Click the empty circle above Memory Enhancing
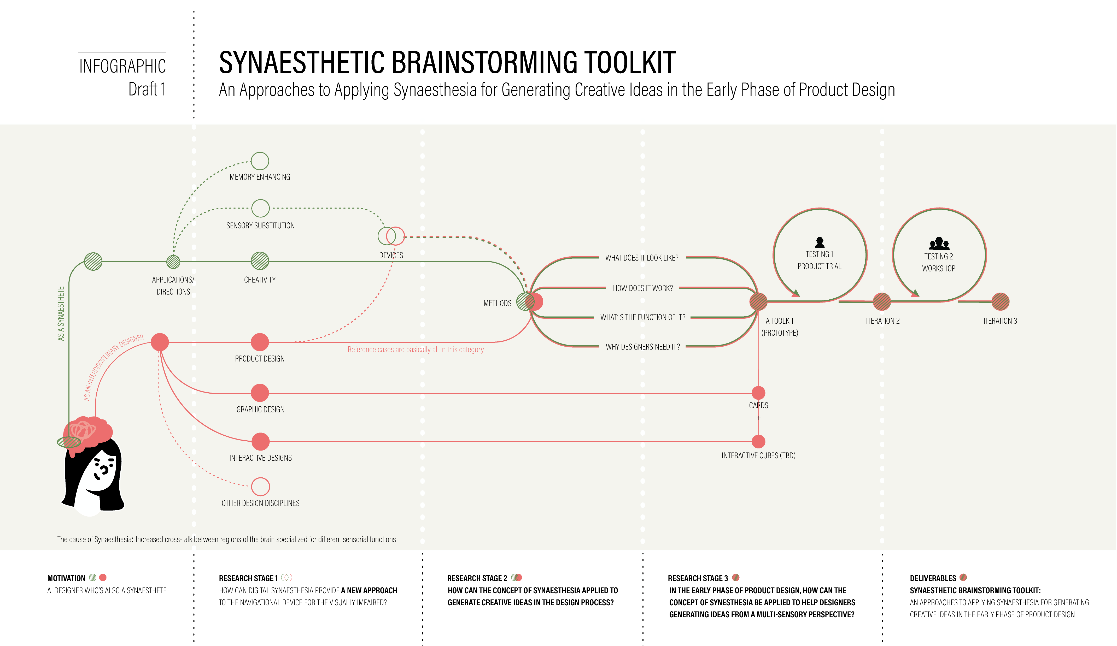[x=260, y=161]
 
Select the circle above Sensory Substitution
[x=260, y=208]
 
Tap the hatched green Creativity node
[x=260, y=261]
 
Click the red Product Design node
[x=260, y=342]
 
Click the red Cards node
[x=758, y=393]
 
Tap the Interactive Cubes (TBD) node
[x=758, y=441]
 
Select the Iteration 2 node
[x=882, y=302]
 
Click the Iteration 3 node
[x=1001, y=302]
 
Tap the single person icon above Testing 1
[x=820, y=242]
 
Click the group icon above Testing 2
[x=939, y=243]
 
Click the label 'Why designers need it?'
[x=643, y=347]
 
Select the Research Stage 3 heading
[x=698, y=578]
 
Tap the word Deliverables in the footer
[x=933, y=578]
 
